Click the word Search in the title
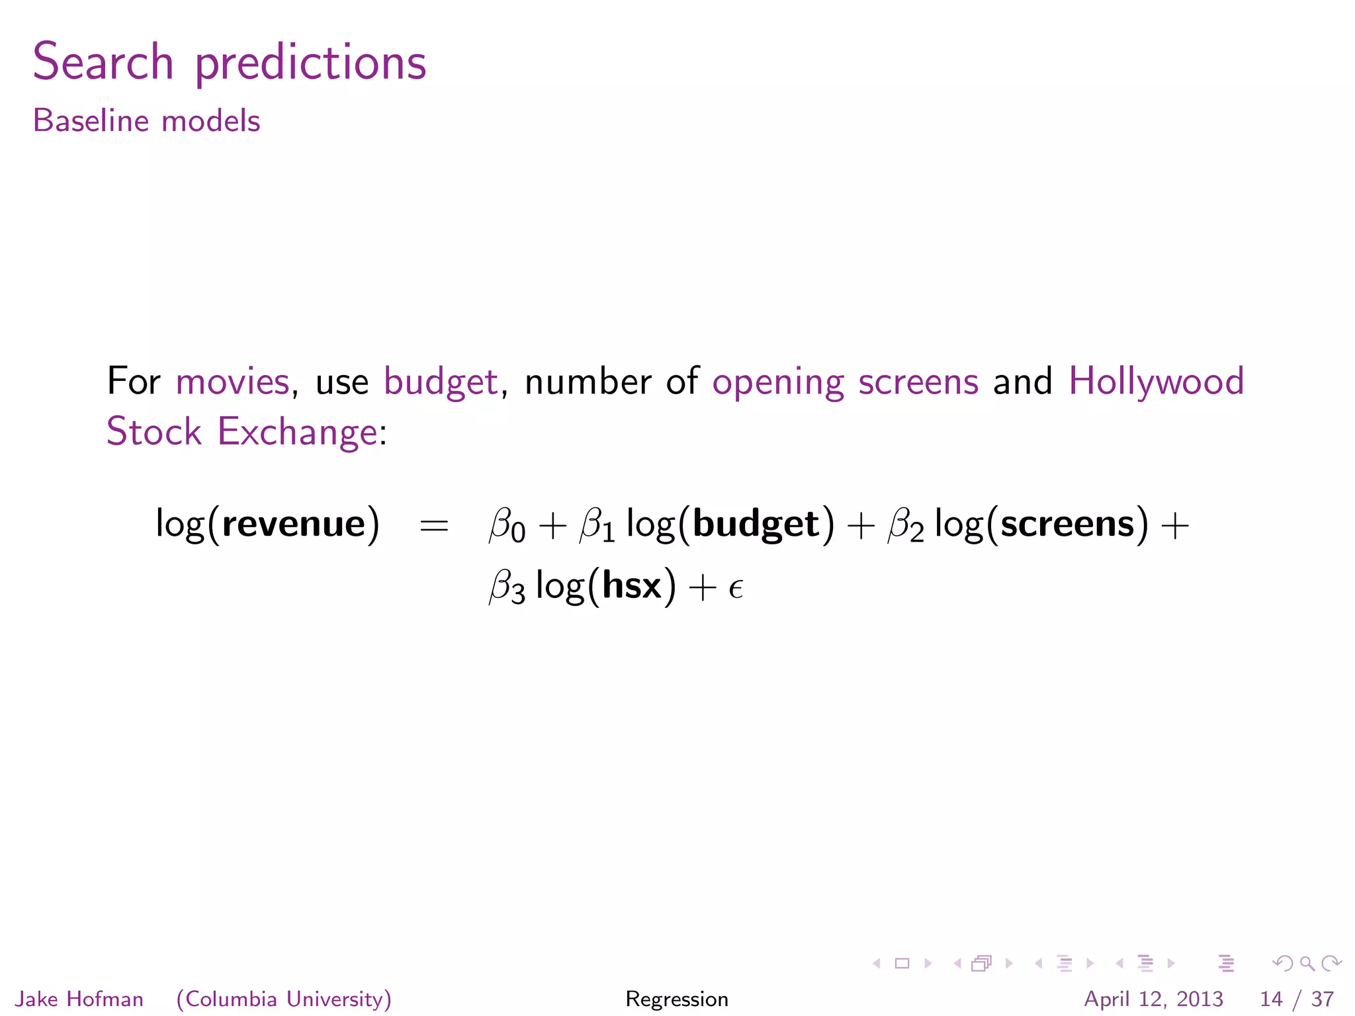(x=103, y=62)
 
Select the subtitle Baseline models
(x=146, y=121)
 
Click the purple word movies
(x=232, y=382)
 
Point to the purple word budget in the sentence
(x=441, y=383)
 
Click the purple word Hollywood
(x=1156, y=383)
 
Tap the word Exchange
(x=298, y=433)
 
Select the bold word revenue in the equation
(x=294, y=524)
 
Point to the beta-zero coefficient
(x=506, y=526)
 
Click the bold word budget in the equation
(x=756, y=525)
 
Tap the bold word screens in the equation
(x=1067, y=524)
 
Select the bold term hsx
(x=632, y=586)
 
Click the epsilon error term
(x=736, y=588)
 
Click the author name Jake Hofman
(x=79, y=999)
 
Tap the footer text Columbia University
(x=284, y=999)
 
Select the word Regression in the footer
(x=677, y=999)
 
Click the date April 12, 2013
(x=1153, y=999)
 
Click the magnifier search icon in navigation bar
(x=1307, y=964)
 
